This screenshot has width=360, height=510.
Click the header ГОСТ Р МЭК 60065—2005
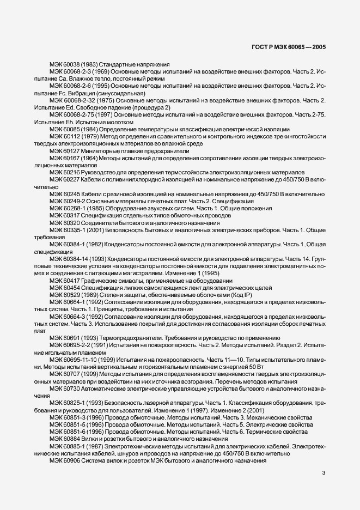[296, 48]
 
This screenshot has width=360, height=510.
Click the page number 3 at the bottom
[324, 473]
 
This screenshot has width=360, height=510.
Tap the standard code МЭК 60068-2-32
[71, 101]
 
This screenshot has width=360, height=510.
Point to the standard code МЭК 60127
[64, 151]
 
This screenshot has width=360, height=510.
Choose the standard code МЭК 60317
[64, 215]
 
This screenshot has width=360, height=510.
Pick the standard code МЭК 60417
[64, 280]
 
